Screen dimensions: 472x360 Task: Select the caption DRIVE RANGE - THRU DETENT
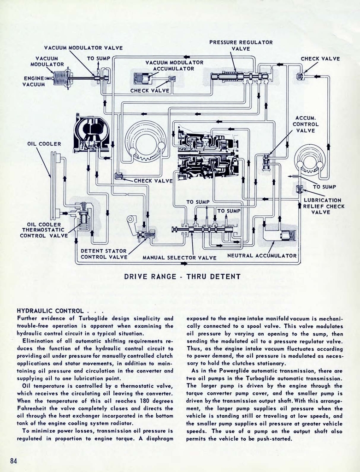tap(183, 277)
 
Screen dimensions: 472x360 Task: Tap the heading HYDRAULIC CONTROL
tap(50, 311)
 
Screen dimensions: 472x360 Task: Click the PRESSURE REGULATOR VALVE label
tap(241, 45)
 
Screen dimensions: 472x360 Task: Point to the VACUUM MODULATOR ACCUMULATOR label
tap(174, 65)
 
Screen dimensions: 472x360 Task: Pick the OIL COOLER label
tap(44, 144)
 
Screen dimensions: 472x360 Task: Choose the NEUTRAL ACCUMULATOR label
tap(262, 255)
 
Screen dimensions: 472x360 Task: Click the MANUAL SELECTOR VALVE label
tap(179, 258)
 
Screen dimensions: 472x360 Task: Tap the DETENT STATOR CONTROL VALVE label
tap(104, 254)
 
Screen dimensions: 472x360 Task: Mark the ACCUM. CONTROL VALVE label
tap(306, 124)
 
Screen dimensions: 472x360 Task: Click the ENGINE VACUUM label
tap(34, 81)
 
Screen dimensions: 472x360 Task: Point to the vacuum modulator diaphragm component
tap(61, 77)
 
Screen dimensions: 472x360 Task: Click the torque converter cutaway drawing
tap(91, 133)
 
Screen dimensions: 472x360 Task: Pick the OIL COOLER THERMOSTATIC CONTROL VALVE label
tap(43, 230)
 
